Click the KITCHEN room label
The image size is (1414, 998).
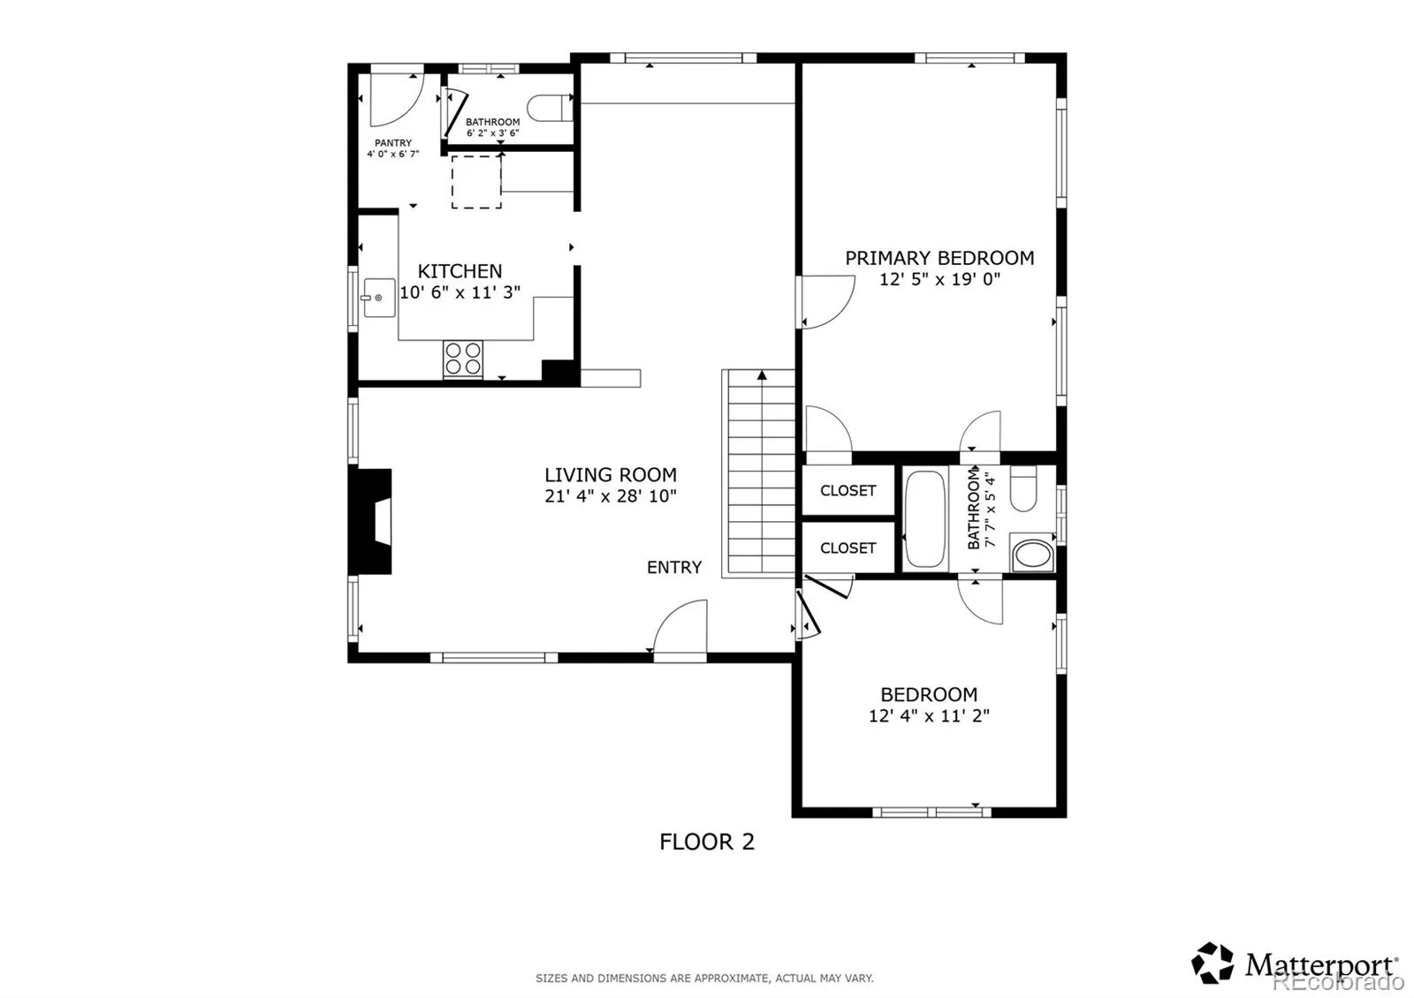coord(460,271)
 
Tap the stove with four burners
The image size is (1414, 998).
coord(463,359)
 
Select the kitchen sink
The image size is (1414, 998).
coord(379,297)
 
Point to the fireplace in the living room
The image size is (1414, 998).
coord(370,521)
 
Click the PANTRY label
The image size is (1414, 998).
coord(392,143)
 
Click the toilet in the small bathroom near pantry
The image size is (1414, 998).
coord(549,108)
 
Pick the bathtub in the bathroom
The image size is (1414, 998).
coord(924,518)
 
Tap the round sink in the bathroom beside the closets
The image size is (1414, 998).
coord(1033,553)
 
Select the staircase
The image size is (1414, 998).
coord(758,473)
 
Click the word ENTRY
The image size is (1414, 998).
coord(674,568)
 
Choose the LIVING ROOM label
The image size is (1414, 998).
coord(611,474)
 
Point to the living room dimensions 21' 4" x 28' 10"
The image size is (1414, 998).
coord(611,496)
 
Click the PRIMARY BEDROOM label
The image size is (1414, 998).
coord(939,258)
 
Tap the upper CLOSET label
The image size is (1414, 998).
coord(848,491)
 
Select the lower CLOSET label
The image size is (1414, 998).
coord(848,548)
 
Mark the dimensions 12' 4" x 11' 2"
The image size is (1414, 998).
coord(929,716)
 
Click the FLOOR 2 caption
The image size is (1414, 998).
coord(707,843)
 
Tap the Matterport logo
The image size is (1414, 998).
coord(1295,964)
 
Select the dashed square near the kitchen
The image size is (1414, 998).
coord(476,182)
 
